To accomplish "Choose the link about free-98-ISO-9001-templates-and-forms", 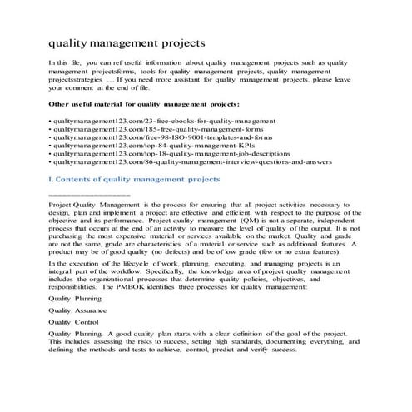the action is tap(155, 141).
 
